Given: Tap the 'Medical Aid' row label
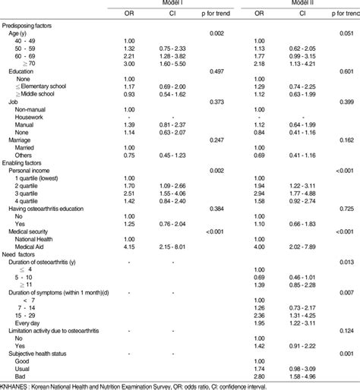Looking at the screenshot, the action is (x=34, y=247).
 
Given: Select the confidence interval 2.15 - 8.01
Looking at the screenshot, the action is (x=172, y=247).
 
